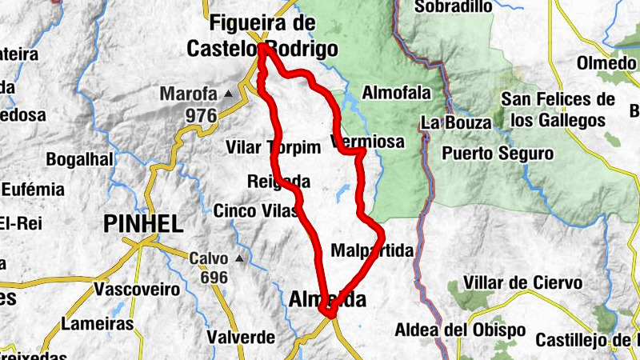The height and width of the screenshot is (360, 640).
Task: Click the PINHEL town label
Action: [x=143, y=224]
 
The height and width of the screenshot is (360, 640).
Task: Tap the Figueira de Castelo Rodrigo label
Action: [x=262, y=36]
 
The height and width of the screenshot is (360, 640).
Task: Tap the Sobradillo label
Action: [x=452, y=7]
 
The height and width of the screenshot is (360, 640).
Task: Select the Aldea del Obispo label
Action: [x=460, y=330]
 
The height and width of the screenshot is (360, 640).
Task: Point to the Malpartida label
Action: [x=372, y=251]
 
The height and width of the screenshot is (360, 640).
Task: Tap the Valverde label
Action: [x=241, y=337]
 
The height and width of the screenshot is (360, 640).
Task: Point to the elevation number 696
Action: [x=214, y=278]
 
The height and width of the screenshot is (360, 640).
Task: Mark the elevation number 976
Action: [x=201, y=116]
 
